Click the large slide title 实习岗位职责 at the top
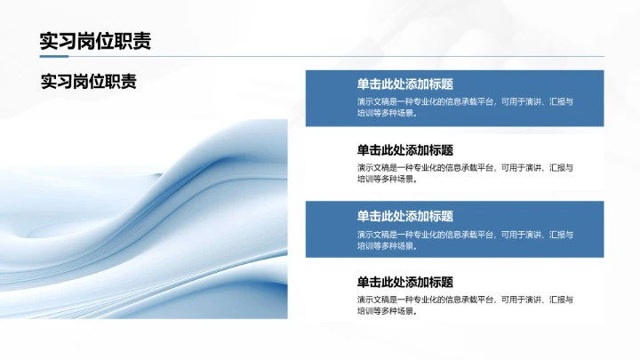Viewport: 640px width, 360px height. (x=95, y=41)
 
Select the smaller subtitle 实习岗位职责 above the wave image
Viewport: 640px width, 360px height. (x=89, y=81)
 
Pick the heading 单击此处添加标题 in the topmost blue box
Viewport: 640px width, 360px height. (x=405, y=84)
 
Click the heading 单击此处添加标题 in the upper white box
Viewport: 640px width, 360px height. (x=405, y=150)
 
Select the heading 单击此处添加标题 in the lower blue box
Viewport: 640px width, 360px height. (x=405, y=216)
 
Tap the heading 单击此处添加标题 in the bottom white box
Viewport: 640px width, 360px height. (x=405, y=282)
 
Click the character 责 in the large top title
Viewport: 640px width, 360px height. (x=141, y=41)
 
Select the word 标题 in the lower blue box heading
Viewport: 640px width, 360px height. (x=441, y=216)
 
